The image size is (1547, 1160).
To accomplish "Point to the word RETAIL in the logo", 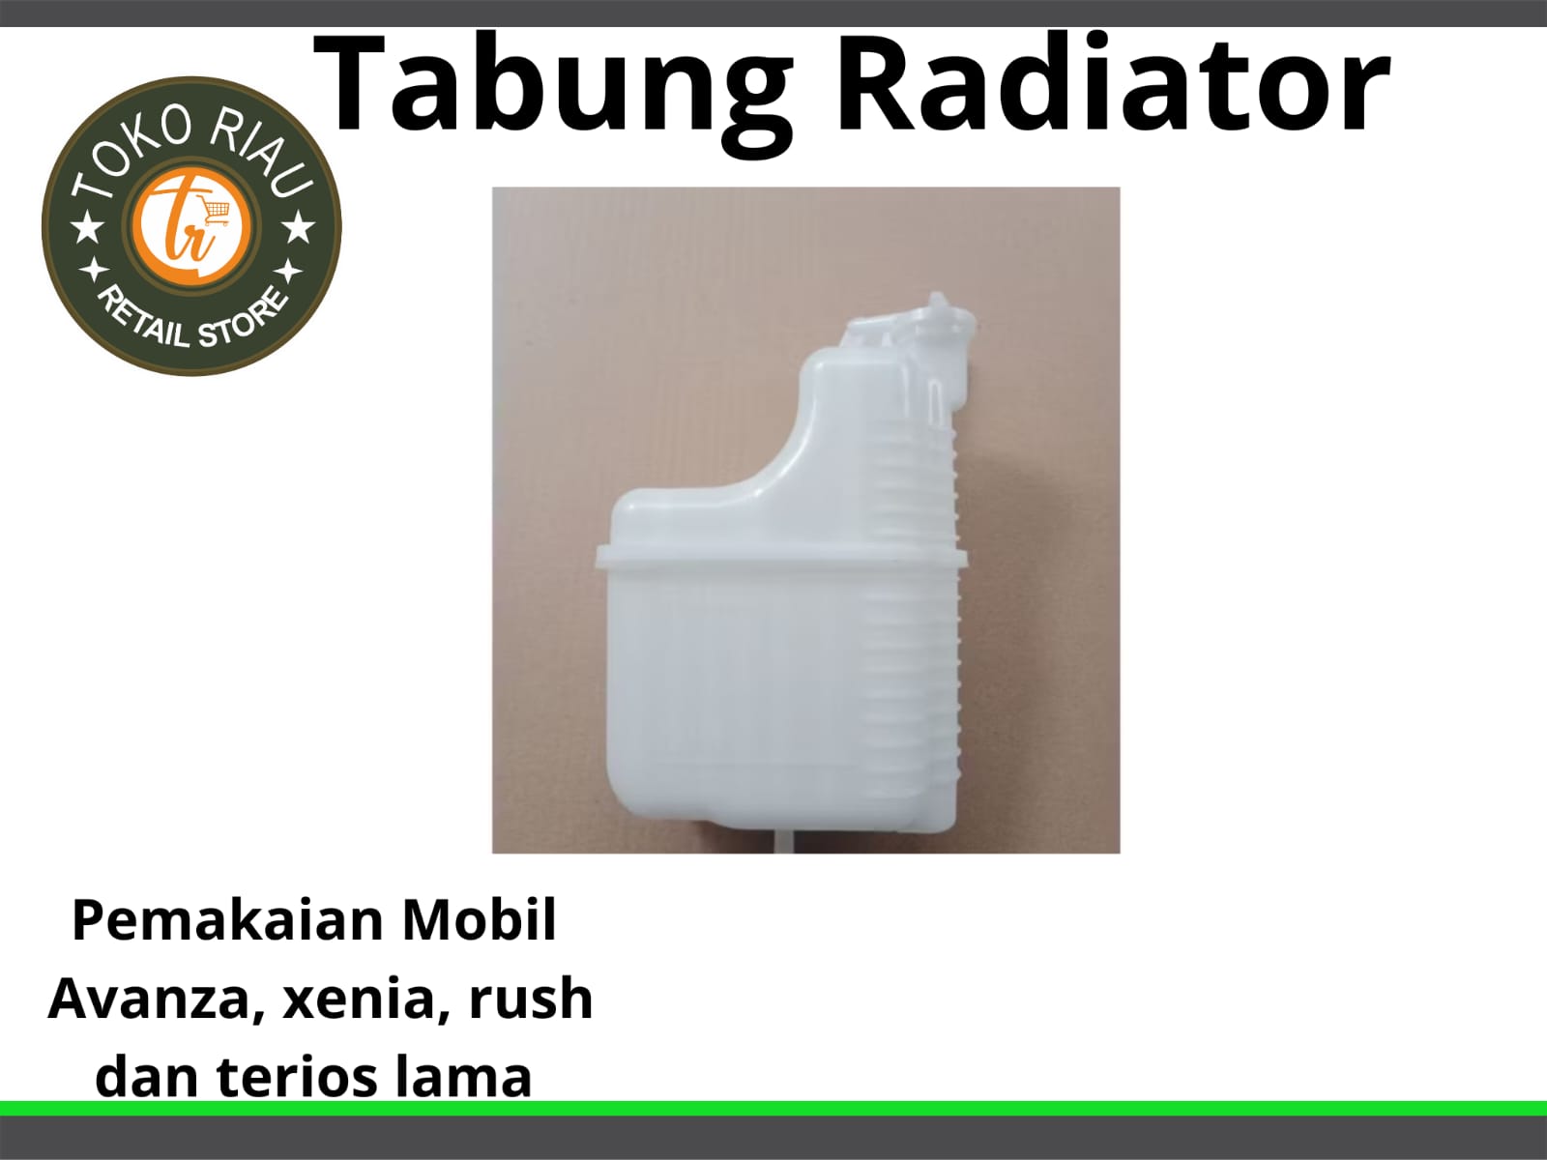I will click(x=142, y=315).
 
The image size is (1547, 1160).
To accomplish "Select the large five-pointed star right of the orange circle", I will click(x=298, y=229).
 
